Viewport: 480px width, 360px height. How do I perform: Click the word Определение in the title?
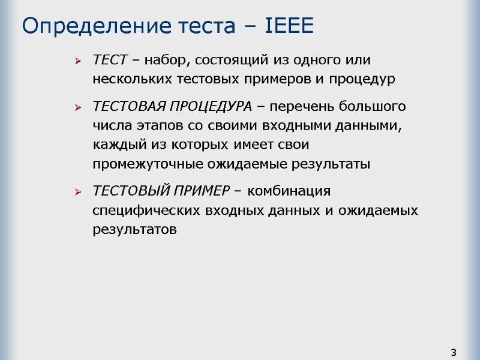tap(80, 26)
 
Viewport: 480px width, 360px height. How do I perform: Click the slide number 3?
tap(454, 352)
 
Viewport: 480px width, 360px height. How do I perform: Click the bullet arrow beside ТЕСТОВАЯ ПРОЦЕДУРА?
tap(77, 107)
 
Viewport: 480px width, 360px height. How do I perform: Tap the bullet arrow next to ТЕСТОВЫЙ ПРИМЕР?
tap(77, 192)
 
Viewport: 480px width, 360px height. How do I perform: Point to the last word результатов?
tap(135, 230)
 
